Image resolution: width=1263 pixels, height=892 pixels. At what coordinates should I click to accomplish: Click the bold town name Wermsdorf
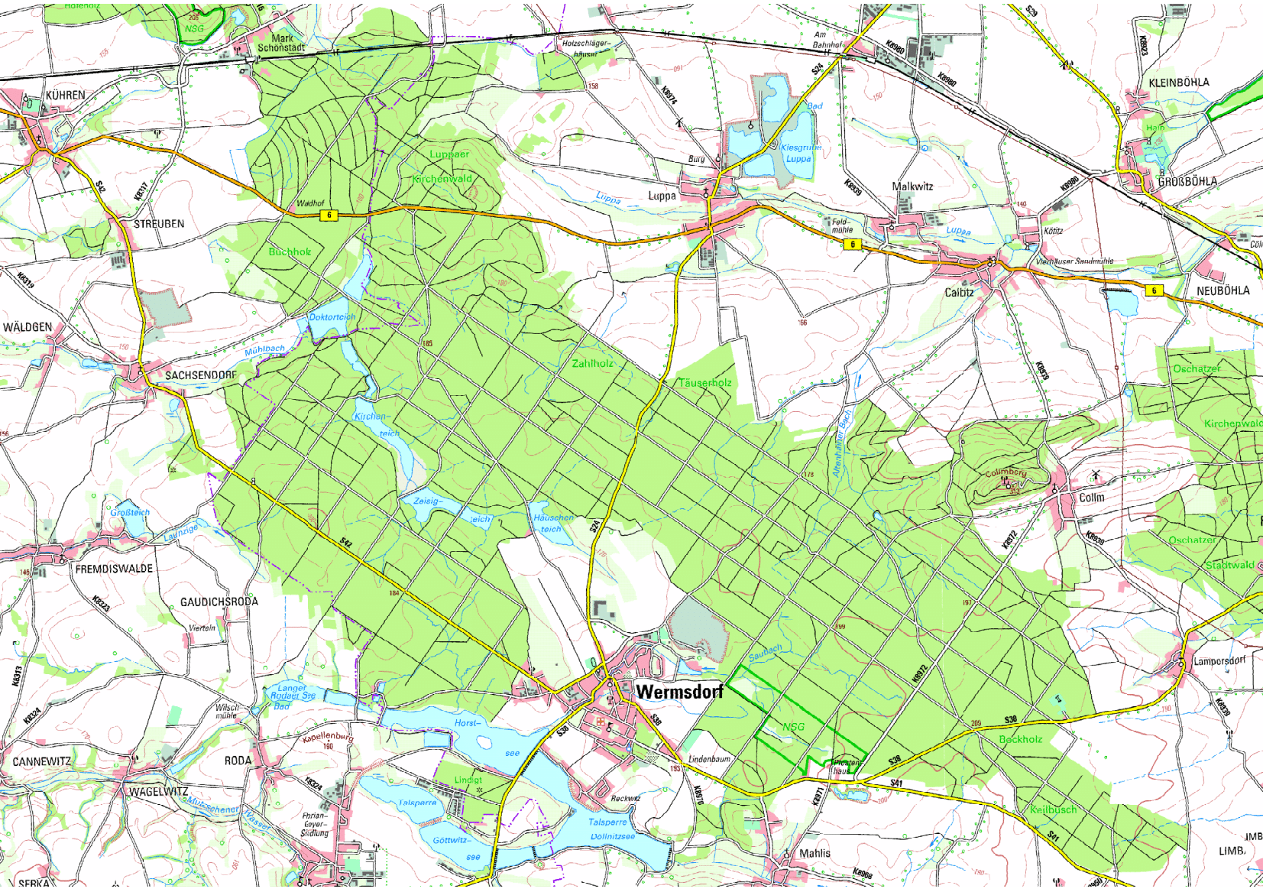678,692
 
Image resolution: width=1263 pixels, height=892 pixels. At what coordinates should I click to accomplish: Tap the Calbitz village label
959,293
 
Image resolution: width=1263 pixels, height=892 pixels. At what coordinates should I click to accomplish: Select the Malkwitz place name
912,187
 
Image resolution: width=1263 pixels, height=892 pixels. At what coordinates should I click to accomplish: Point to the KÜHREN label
65,96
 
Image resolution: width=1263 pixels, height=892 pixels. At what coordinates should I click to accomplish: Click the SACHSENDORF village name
201,375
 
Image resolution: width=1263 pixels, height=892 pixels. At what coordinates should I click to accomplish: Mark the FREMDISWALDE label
114,569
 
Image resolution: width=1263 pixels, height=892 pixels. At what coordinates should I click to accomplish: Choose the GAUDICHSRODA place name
219,602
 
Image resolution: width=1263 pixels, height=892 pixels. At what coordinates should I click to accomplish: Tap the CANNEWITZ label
42,762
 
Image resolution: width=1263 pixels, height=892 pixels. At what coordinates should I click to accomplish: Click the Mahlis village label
814,853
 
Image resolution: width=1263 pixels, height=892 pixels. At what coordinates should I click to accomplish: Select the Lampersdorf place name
1219,661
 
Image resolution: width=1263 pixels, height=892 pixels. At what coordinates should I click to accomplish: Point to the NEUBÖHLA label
1223,291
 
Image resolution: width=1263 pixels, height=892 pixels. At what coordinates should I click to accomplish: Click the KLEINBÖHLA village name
1179,83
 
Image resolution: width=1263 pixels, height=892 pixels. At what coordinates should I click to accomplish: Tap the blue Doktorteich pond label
332,317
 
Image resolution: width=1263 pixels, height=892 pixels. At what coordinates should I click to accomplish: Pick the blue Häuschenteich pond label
553,523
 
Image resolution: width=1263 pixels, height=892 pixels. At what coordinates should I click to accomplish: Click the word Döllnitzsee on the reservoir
612,836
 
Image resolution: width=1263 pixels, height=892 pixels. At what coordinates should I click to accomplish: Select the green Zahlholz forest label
592,364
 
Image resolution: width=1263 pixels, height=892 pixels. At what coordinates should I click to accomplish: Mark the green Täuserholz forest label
704,383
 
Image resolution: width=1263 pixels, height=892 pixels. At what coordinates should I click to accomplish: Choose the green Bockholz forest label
1020,740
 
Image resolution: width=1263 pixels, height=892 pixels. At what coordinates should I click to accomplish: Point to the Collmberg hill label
1006,473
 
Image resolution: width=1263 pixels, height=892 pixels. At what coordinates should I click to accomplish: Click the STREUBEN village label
159,225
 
